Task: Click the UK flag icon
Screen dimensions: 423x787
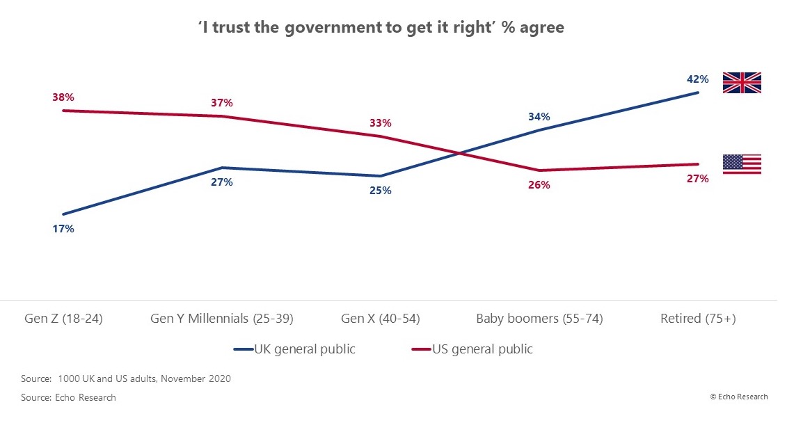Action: coord(742,82)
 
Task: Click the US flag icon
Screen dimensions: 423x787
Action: coord(742,164)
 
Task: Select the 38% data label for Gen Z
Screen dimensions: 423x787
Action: coord(63,97)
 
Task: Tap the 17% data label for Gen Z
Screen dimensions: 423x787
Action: coord(63,228)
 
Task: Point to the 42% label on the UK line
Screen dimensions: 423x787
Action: coord(697,79)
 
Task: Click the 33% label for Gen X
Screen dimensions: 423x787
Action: coord(380,123)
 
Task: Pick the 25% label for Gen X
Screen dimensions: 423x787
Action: coord(380,190)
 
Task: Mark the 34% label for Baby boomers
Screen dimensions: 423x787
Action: coord(539,117)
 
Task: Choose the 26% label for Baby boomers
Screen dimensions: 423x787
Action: coord(539,185)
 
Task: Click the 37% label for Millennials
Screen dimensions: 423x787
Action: coord(221,103)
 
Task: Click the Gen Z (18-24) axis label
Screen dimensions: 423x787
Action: coord(64,319)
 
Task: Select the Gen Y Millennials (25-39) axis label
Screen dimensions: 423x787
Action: coord(222,319)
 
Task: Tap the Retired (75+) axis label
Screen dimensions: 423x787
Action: coord(698,319)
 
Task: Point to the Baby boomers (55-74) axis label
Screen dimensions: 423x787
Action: coord(539,319)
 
